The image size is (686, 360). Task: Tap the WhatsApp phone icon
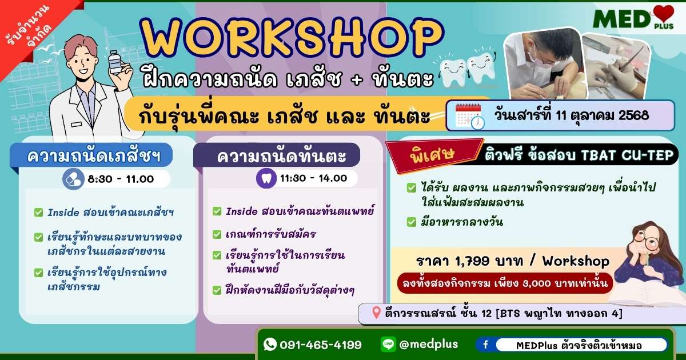tap(270, 344)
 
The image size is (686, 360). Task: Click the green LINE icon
tap(388, 344)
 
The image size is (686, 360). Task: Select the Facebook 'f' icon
tap(485, 345)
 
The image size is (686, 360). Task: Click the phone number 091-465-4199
tap(321, 345)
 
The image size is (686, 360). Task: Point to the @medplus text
tap(429, 345)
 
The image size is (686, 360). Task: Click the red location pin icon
tap(376, 313)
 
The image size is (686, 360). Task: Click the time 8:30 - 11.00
tap(121, 179)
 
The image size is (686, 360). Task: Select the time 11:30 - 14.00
tap(314, 178)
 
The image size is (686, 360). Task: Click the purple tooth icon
tap(266, 178)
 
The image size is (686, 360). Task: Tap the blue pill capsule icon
tap(73, 179)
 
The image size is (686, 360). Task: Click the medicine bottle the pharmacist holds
tap(115, 62)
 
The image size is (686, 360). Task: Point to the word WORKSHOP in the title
tap(292, 38)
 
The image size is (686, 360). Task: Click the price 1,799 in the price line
tap(472, 261)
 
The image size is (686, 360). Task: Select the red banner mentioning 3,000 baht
tap(505, 283)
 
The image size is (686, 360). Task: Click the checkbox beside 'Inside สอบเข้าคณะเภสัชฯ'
tap(39, 213)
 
